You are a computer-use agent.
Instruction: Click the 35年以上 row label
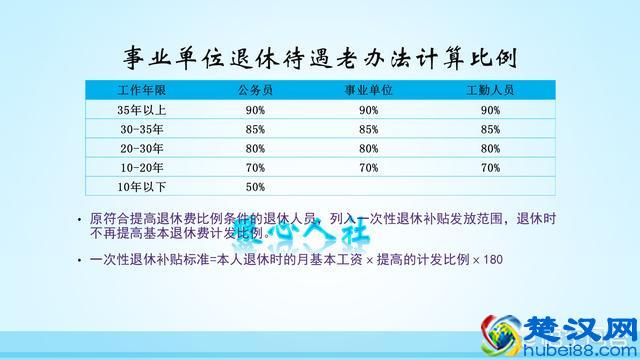pyautogui.click(x=134, y=110)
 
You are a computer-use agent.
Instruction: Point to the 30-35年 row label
pyautogui.click(x=134, y=129)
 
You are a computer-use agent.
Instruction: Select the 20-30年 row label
pyautogui.click(x=134, y=148)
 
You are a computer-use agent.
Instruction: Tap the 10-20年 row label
pyautogui.click(x=134, y=167)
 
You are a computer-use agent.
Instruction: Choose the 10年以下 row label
pyautogui.click(x=134, y=186)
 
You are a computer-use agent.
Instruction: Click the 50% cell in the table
pyautogui.click(x=254, y=186)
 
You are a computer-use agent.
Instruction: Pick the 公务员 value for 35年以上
pyautogui.click(x=254, y=110)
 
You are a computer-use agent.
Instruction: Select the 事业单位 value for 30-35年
pyautogui.click(x=368, y=129)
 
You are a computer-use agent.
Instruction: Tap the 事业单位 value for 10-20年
pyautogui.click(x=368, y=167)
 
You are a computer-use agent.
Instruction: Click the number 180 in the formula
pyautogui.click(x=491, y=260)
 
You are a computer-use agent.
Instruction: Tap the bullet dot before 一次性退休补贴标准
pyautogui.click(x=79, y=260)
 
